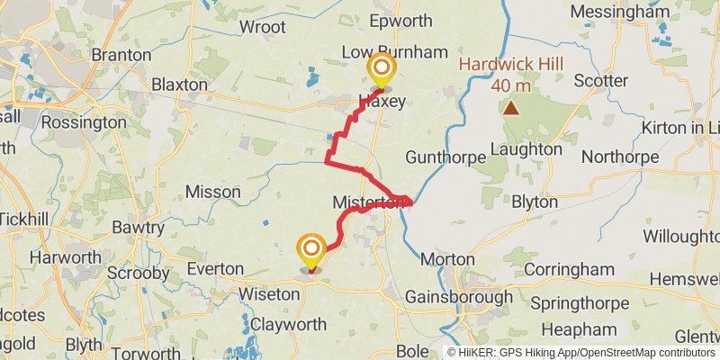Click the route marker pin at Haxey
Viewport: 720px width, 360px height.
[x=382, y=69]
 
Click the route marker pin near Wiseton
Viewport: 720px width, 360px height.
[x=311, y=249]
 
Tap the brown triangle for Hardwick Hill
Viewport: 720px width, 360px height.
[x=511, y=109]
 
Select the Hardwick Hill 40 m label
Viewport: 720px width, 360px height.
[x=511, y=76]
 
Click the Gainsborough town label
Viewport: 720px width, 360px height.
[x=453, y=296]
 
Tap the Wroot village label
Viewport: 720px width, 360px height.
[x=262, y=27]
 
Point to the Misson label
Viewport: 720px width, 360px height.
[x=212, y=192]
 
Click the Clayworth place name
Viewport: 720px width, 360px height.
[x=287, y=323]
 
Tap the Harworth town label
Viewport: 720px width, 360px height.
[x=65, y=257]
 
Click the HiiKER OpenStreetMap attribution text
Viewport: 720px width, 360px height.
[x=581, y=352]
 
